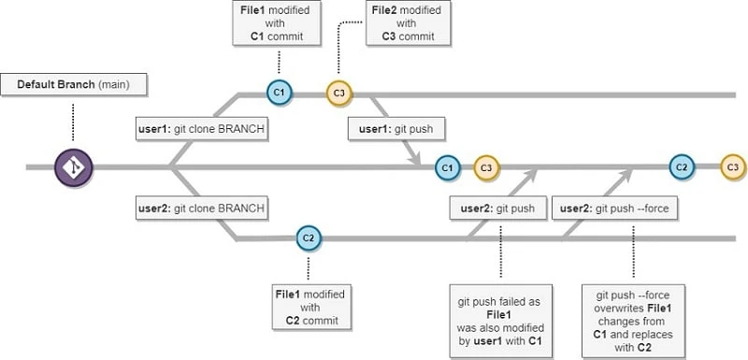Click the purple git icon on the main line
[x=72, y=167]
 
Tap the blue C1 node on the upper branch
[x=278, y=93]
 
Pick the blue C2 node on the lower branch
[x=308, y=238]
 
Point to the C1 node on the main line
[x=447, y=167]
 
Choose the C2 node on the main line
[x=682, y=167]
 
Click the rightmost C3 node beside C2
[x=732, y=167]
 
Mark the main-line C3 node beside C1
[x=485, y=167]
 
